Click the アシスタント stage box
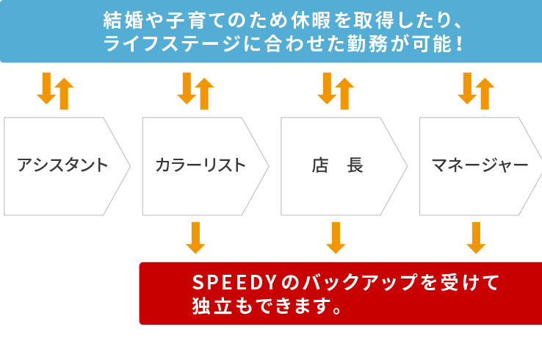pyautogui.click(x=62, y=165)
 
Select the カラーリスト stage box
pyautogui.click(x=200, y=165)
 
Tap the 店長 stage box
pyautogui.click(x=338, y=165)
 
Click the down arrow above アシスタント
pyautogui.click(x=46, y=89)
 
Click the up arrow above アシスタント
pyautogui.click(x=65, y=93)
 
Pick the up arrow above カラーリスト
pyautogui.click(x=204, y=93)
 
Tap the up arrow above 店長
pyautogui.click(x=344, y=93)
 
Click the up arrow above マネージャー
pyautogui.click(x=485, y=93)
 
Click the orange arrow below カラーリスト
pyautogui.click(x=195, y=237)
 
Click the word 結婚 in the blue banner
pyautogui.click(x=123, y=20)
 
